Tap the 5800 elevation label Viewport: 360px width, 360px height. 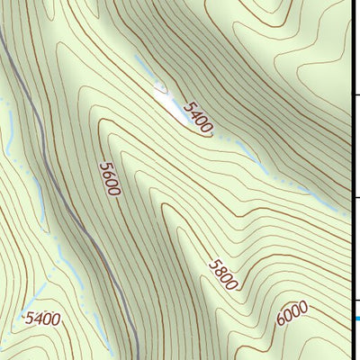click(x=222, y=274)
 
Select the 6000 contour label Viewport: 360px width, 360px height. click(x=292, y=316)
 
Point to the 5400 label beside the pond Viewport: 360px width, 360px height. click(x=197, y=117)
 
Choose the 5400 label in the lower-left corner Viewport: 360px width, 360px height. click(x=42, y=318)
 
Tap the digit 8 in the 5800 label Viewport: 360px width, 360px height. click(x=220, y=271)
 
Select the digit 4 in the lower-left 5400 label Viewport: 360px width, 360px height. click(x=39, y=318)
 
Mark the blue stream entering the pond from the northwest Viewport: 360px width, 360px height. click(x=144, y=68)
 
